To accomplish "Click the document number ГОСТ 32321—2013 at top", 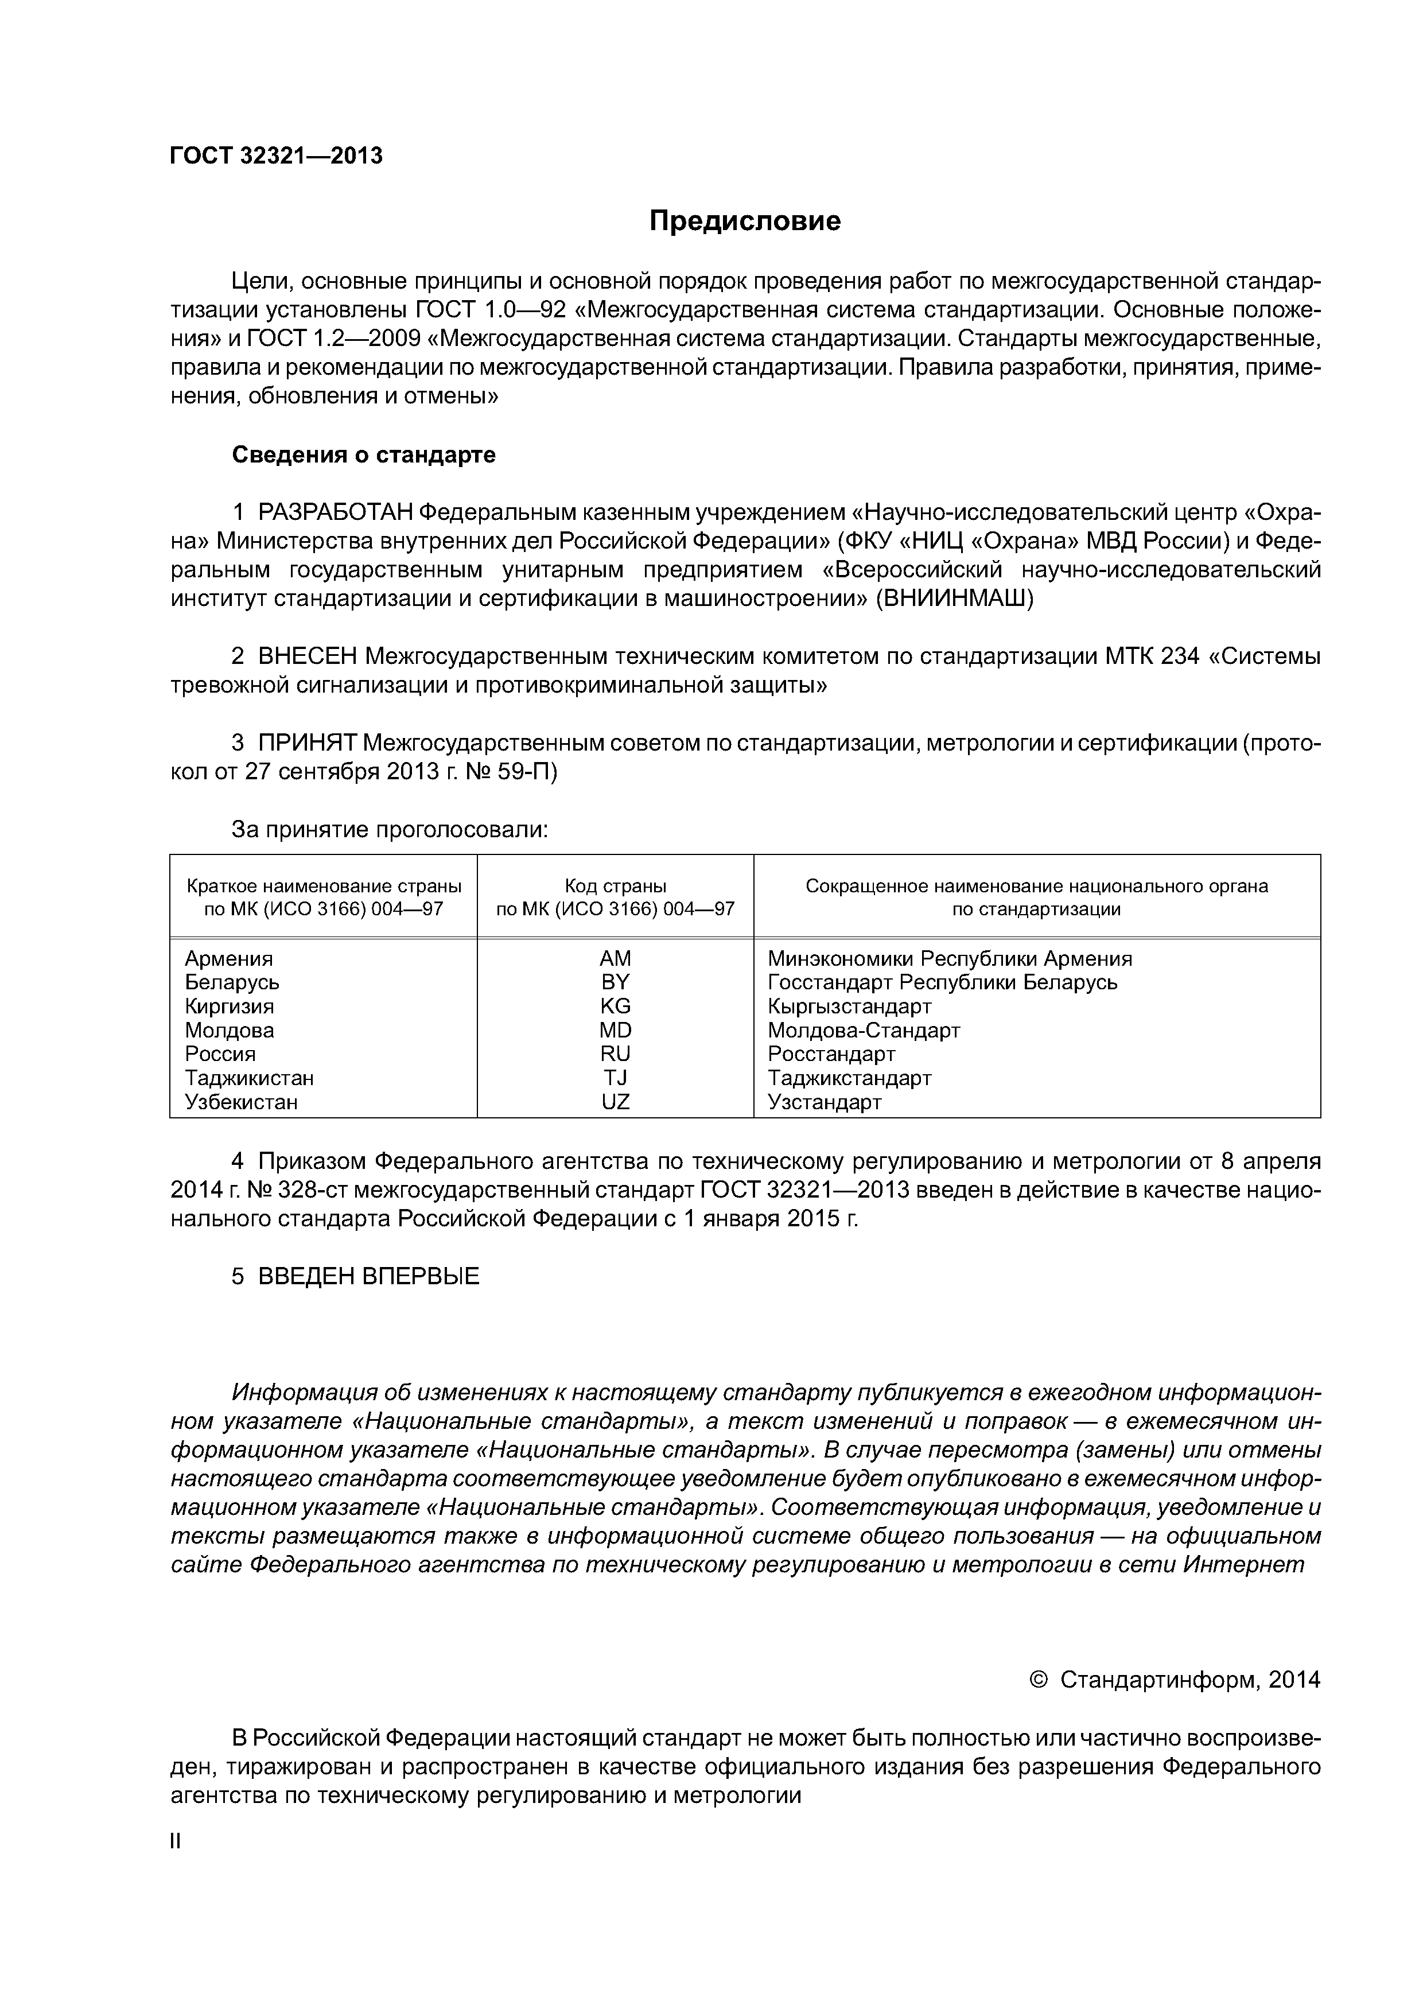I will (x=276, y=156).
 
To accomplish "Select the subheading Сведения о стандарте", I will (x=363, y=455).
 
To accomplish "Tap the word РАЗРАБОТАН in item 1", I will (x=335, y=512).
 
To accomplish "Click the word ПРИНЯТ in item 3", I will (x=307, y=744).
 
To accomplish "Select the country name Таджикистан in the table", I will (x=249, y=1078).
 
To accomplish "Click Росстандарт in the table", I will (x=831, y=1055).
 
